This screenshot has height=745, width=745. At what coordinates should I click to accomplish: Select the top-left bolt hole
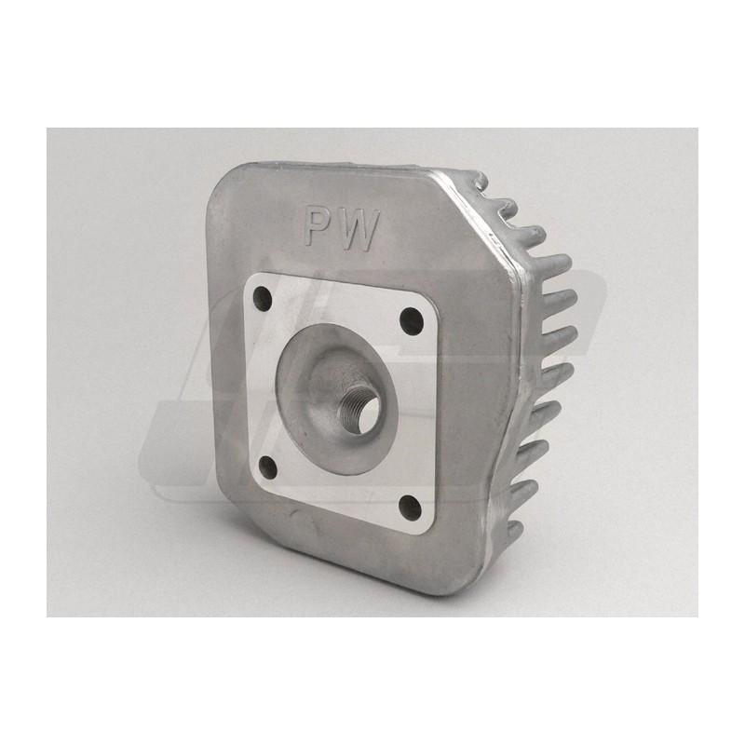(x=263, y=297)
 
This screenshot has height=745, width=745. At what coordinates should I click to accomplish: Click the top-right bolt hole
(x=412, y=319)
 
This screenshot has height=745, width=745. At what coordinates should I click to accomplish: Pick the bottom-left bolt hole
(x=269, y=467)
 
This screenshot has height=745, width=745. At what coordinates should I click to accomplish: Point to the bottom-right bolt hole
(x=411, y=508)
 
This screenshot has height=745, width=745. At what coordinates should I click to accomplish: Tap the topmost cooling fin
(x=477, y=180)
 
